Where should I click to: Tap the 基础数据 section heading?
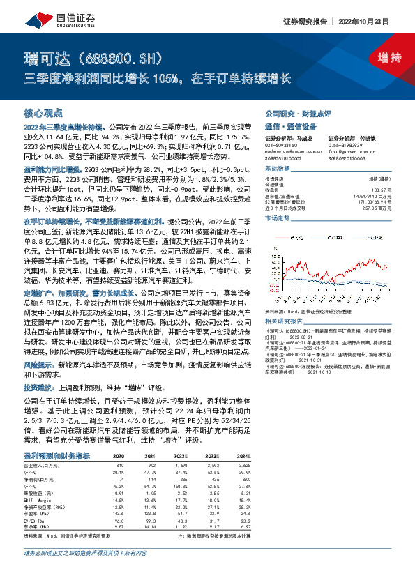(276, 169)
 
